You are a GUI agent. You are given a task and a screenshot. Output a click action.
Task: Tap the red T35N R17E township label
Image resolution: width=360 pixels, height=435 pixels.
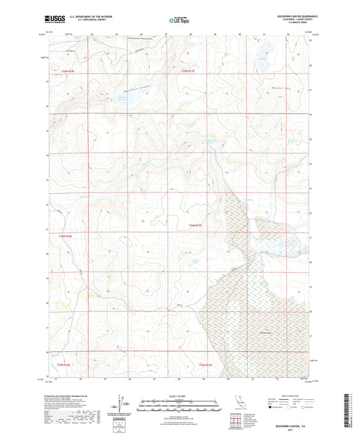(x=192, y=70)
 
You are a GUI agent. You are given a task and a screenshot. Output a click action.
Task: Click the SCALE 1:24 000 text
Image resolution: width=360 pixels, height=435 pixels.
(x=180, y=396)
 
